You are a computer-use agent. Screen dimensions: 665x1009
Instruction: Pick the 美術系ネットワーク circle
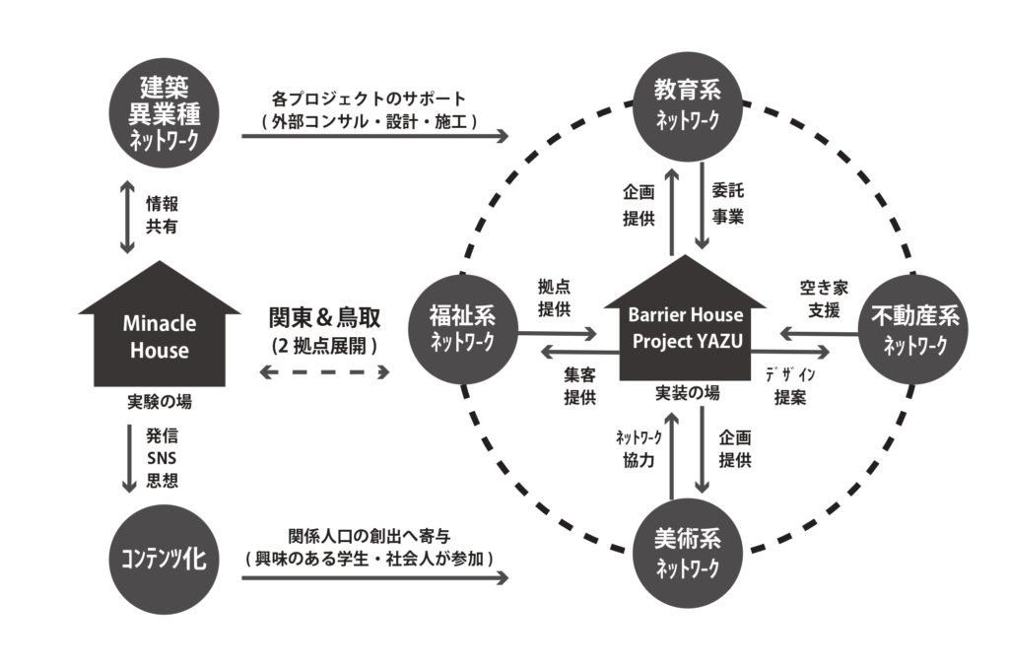[x=687, y=552]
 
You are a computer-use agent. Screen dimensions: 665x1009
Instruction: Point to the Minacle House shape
[x=160, y=331]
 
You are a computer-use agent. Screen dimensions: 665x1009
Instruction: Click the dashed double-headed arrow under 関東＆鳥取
[x=324, y=372]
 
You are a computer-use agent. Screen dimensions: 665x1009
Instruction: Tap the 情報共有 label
[x=164, y=216]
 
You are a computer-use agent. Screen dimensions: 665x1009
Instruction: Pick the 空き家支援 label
[x=819, y=301]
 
